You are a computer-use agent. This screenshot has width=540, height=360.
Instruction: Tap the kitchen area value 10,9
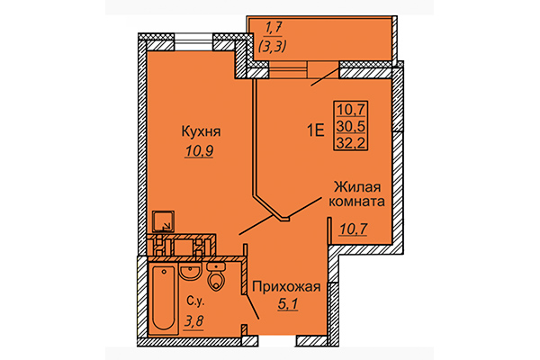pyautogui.click(x=198, y=151)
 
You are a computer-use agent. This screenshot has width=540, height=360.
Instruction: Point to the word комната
pyautogui.click(x=359, y=203)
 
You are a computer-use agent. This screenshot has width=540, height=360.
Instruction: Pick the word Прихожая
pyautogui.click(x=285, y=287)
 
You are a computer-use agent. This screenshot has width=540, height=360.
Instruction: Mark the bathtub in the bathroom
pyautogui.click(x=164, y=298)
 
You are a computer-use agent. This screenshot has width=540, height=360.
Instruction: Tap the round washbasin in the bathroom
pyautogui.click(x=190, y=271)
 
